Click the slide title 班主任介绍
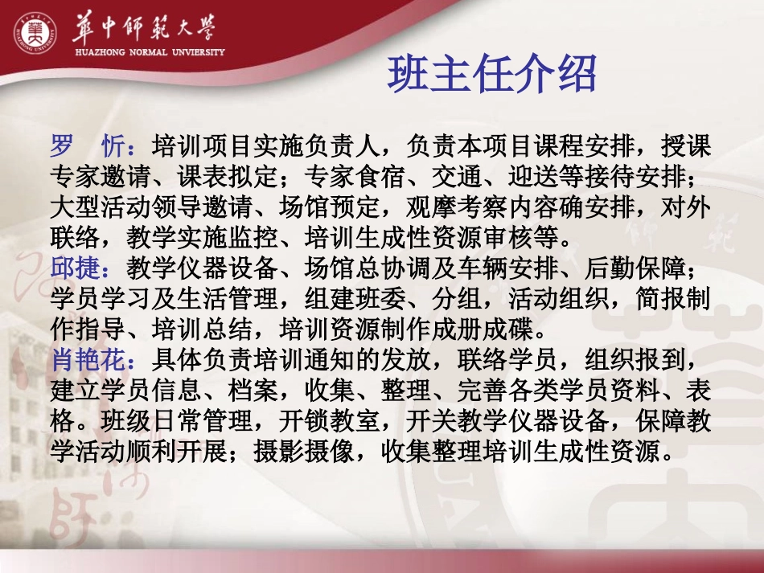[492, 76]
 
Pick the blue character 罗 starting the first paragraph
[62, 147]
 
